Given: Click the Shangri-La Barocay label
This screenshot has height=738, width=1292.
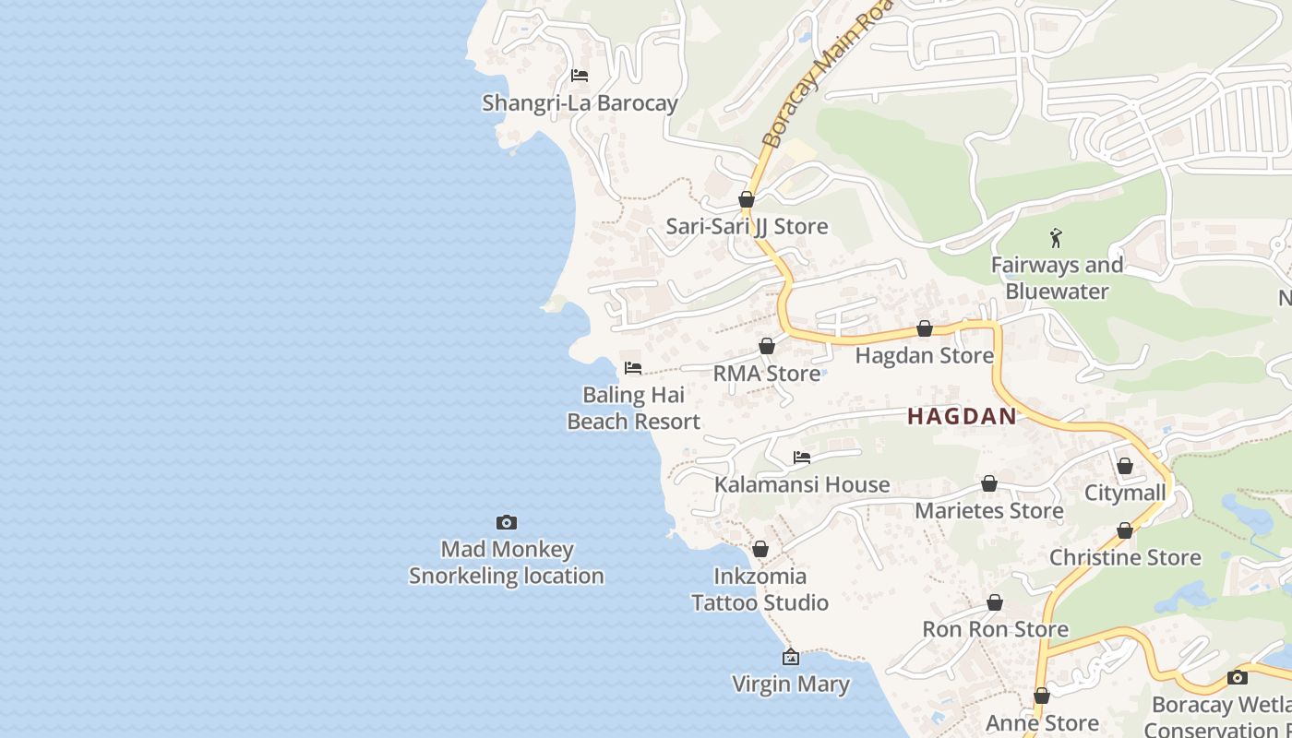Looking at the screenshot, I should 580,102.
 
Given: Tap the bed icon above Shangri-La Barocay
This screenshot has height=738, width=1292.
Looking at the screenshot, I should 580,76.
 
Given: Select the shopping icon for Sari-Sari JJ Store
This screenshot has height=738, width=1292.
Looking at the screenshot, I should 747,199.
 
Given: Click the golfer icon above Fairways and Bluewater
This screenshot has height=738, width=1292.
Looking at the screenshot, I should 1057,238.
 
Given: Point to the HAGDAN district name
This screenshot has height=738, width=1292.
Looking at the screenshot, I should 962,416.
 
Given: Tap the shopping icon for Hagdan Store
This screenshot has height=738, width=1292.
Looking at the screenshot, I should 924,328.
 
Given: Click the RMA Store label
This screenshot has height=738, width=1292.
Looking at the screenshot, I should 766,374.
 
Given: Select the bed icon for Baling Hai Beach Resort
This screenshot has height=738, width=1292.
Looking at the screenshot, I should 633,367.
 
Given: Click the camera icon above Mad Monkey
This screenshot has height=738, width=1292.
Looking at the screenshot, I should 506,522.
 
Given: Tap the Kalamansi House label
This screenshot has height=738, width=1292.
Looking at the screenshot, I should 801,484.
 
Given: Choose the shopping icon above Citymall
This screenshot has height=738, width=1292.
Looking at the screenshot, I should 1124,466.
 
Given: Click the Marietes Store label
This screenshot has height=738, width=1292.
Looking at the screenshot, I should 988,510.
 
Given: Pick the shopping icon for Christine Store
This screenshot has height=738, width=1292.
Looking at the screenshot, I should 1124,530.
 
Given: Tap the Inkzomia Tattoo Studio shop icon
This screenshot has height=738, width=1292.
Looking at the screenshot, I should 760,549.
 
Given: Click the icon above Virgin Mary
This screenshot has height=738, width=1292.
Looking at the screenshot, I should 790,657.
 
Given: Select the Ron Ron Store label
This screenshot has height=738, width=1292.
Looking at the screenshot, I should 995,629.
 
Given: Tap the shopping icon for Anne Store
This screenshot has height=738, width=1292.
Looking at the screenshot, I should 1041,696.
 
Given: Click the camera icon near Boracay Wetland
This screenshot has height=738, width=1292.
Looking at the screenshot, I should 1237,677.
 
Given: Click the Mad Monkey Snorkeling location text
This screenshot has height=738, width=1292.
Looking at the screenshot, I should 506,563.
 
